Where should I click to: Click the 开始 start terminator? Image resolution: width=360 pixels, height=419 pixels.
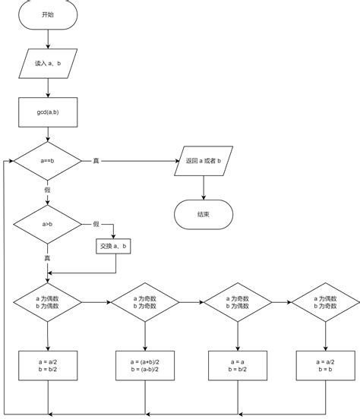[x=47, y=15]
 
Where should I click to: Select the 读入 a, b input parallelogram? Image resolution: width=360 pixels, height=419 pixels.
[x=47, y=64]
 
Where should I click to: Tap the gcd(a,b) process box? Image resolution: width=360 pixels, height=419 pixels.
[x=47, y=112]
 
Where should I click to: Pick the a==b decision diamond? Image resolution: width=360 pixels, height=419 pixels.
[x=47, y=161]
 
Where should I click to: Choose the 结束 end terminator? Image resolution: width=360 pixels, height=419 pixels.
[x=203, y=215]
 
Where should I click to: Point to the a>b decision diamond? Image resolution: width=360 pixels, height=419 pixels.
[x=47, y=225]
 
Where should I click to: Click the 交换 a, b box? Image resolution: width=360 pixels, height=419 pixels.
[x=114, y=247]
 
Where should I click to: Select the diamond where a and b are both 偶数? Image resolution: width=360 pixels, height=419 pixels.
[x=47, y=302]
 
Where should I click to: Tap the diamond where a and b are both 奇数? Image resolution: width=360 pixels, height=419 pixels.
[x=145, y=302]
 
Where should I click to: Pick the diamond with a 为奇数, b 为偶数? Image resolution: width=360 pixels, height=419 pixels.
[x=238, y=302]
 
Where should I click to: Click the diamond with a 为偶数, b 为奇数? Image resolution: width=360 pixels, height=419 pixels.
[x=326, y=302]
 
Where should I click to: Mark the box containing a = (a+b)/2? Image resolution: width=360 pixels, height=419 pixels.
[x=145, y=365]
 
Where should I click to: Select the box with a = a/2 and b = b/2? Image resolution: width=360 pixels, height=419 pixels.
[x=47, y=365]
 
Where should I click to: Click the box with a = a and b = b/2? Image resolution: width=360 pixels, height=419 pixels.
[x=238, y=365]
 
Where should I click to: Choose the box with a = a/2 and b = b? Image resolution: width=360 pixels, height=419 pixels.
[x=326, y=365]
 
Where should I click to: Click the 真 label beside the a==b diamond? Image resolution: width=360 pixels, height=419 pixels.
[x=96, y=161]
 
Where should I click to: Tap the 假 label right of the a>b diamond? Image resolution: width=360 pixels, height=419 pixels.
[x=96, y=224]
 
